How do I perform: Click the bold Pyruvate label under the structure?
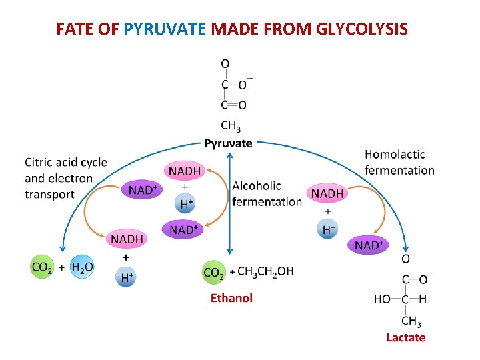tap(228, 143)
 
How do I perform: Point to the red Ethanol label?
tap(231, 298)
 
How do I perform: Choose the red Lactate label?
tap(405, 337)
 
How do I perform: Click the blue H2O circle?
tap(83, 267)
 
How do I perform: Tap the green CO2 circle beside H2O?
tap(42, 267)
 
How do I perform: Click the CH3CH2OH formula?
tap(265, 271)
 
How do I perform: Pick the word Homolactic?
tap(395, 154)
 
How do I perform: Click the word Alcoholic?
tap(257, 185)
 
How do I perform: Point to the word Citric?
tap(41, 163)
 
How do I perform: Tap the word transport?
tap(49, 195)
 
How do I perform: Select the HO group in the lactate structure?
tap(382, 300)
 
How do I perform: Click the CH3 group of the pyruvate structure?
tap(231, 125)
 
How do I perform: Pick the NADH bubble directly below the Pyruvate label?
tap(184, 171)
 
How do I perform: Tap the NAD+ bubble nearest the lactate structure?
tap(369, 246)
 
